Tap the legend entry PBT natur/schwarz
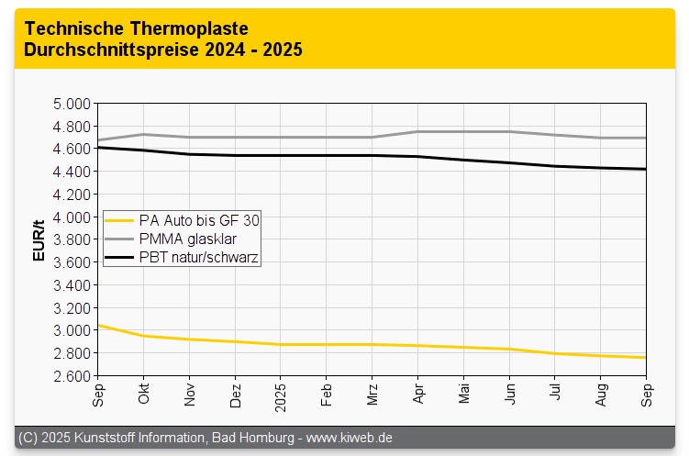tap(198, 259)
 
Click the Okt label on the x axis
tap(144, 392)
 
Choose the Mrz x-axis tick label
tap(372, 393)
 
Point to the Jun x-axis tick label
tap(509, 392)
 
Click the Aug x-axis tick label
tap(600, 393)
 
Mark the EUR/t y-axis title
tap(39, 240)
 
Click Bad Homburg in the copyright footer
tap(252, 438)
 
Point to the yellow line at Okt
tap(144, 336)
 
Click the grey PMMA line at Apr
tap(418, 131)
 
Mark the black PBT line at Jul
tap(555, 166)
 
